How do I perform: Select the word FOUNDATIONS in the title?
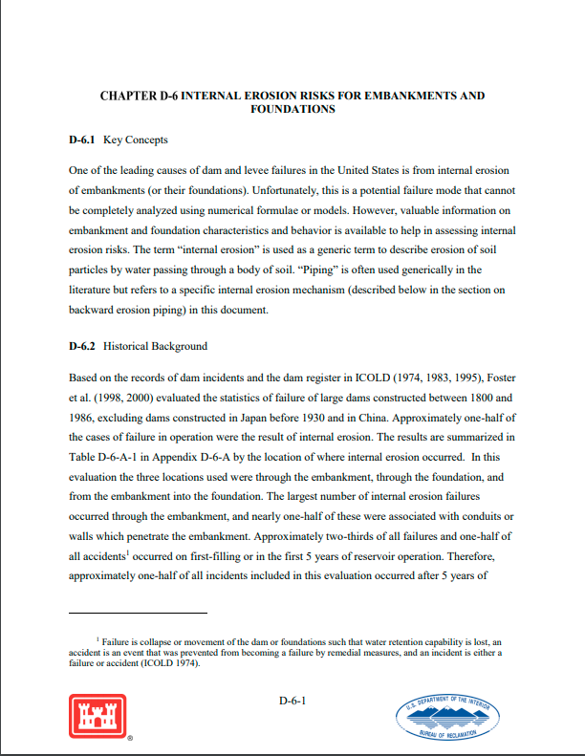pyautogui.click(x=292, y=110)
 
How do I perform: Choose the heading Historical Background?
pyautogui.click(x=155, y=346)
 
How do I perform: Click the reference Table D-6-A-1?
pyautogui.click(x=106, y=458)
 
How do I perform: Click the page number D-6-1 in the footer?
pyautogui.click(x=292, y=702)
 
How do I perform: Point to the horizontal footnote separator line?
pyautogui.click(x=138, y=613)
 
